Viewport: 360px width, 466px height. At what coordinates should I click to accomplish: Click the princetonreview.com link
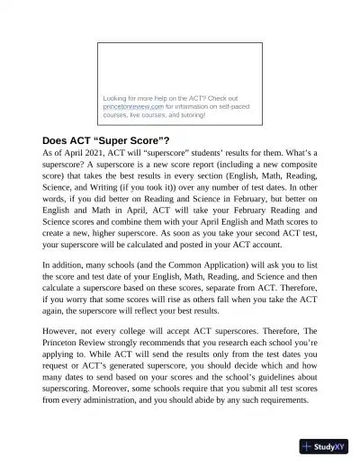pyautogui.click(x=133, y=106)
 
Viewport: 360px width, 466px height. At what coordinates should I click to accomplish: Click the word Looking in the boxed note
pyautogui.click(x=118, y=97)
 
